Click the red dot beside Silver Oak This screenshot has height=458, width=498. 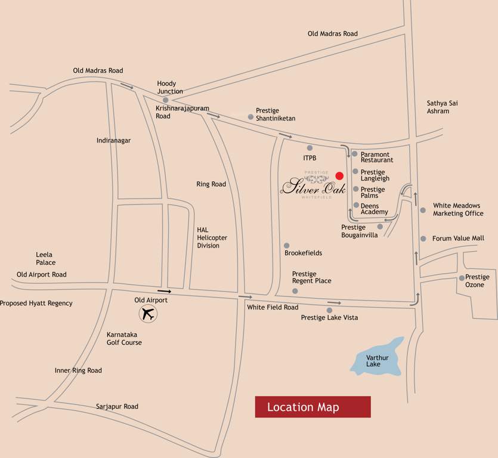click(339, 175)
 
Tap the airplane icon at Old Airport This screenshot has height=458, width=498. click(147, 314)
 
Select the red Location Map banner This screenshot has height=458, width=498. click(313, 407)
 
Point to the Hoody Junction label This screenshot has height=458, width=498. click(170, 87)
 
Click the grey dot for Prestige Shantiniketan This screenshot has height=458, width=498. click(250, 117)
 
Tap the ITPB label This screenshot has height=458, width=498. click(310, 158)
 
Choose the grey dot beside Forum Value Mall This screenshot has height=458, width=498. click(423, 239)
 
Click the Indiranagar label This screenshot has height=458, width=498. click(113, 141)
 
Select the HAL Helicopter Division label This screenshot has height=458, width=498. click(212, 237)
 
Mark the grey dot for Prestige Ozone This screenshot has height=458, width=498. click(461, 278)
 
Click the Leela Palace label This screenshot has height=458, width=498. click(45, 259)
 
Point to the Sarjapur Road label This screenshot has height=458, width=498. click(117, 407)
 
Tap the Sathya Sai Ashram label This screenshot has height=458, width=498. click(442, 107)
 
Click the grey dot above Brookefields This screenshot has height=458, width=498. click(286, 245)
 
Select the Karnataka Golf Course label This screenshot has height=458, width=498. click(124, 339)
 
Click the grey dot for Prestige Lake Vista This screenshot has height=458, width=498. click(329, 310)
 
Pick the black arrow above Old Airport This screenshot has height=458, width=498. click(165, 292)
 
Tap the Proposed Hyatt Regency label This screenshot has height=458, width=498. click(36, 304)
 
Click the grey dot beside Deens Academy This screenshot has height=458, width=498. click(355, 205)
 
